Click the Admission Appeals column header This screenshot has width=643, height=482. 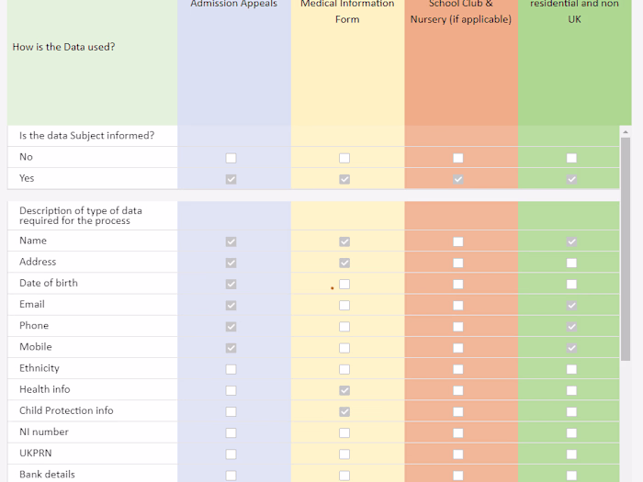coord(233,5)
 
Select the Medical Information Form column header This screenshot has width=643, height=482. coord(347,11)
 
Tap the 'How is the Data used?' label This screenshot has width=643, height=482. coord(64,47)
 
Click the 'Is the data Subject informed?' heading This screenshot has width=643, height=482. coord(86,136)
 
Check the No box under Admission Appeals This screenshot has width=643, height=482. coord(231,158)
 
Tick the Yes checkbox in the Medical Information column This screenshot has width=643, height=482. coord(344,179)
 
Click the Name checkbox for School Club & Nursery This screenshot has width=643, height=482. coord(458,241)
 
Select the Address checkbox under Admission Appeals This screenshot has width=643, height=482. coord(231,263)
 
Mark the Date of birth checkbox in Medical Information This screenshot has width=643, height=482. coord(344,284)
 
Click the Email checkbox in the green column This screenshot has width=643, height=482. coord(571,305)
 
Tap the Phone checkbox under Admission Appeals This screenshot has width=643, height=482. coord(231,326)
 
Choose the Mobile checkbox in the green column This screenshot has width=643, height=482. coord(571,348)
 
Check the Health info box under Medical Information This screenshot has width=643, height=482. coord(344,390)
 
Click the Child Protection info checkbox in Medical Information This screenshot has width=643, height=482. coord(344,411)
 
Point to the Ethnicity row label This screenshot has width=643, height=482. coord(39,368)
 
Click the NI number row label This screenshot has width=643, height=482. coord(44,432)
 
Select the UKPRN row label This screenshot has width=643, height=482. coord(37,453)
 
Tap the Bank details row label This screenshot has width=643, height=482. coord(47,474)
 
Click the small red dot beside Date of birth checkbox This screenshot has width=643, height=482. coord(333,288)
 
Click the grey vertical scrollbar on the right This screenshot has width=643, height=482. coord(626,248)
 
